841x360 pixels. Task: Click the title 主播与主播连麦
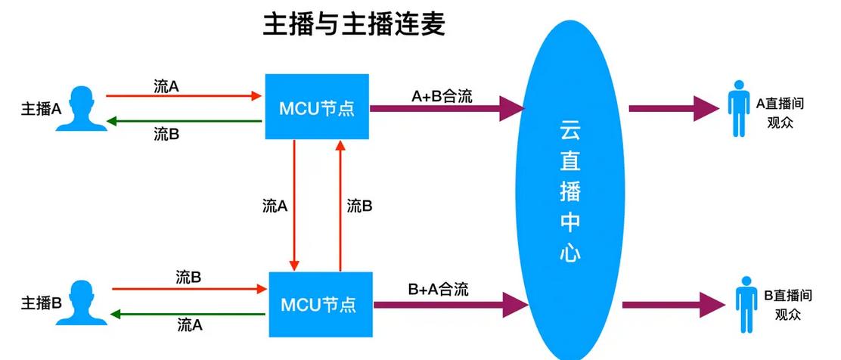pyautogui.click(x=354, y=25)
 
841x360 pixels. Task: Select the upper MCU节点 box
pyautogui.click(x=317, y=107)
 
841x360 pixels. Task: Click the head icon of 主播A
pyautogui.click(x=82, y=109)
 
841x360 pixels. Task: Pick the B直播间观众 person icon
pyautogui.click(x=746, y=303)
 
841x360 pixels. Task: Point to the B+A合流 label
pyautogui.click(x=439, y=289)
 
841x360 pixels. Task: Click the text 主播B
pyautogui.click(x=41, y=303)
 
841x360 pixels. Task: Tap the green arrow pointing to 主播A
pyautogui.click(x=182, y=121)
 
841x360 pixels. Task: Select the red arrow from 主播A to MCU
pyautogui.click(x=182, y=96)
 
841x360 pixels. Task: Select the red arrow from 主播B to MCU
pyautogui.click(x=189, y=288)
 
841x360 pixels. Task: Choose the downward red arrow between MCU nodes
pyautogui.click(x=293, y=204)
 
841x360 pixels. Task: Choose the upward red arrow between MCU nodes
pyautogui.click(x=340, y=204)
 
